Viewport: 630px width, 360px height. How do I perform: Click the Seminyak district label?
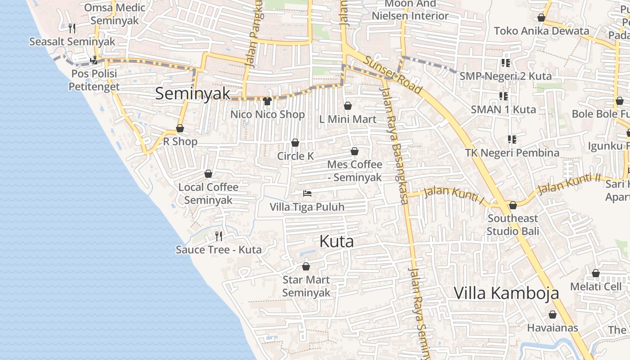click(193, 94)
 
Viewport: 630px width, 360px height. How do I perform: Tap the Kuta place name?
click(337, 242)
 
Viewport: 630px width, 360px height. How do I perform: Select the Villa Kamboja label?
click(506, 293)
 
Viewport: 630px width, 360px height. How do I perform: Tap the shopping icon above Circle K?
click(295, 143)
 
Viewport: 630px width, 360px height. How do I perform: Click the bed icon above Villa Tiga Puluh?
click(307, 193)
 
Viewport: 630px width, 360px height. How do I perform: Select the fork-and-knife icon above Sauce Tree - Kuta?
click(219, 236)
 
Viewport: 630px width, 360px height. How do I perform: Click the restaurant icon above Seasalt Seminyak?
click(72, 28)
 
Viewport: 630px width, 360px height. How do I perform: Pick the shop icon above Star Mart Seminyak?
click(306, 266)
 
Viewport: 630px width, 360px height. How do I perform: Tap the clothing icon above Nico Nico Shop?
click(267, 101)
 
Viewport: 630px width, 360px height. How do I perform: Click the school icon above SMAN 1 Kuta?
click(504, 96)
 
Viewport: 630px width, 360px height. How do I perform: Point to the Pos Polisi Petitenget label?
click(94, 80)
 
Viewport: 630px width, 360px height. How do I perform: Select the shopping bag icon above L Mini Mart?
click(347, 106)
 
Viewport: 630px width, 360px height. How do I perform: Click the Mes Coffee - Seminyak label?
click(355, 171)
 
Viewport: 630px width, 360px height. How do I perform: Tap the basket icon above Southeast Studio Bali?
click(513, 205)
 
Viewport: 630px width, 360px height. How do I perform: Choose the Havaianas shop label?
click(553, 328)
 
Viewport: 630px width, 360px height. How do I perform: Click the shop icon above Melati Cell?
click(596, 273)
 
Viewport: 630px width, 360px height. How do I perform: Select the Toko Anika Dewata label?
click(541, 31)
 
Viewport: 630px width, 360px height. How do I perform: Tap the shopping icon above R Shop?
click(180, 128)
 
